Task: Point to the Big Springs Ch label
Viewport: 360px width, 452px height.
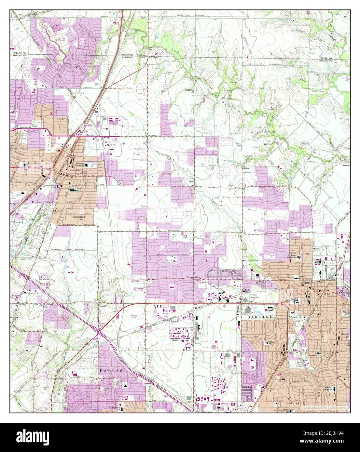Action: pos(189,90)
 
